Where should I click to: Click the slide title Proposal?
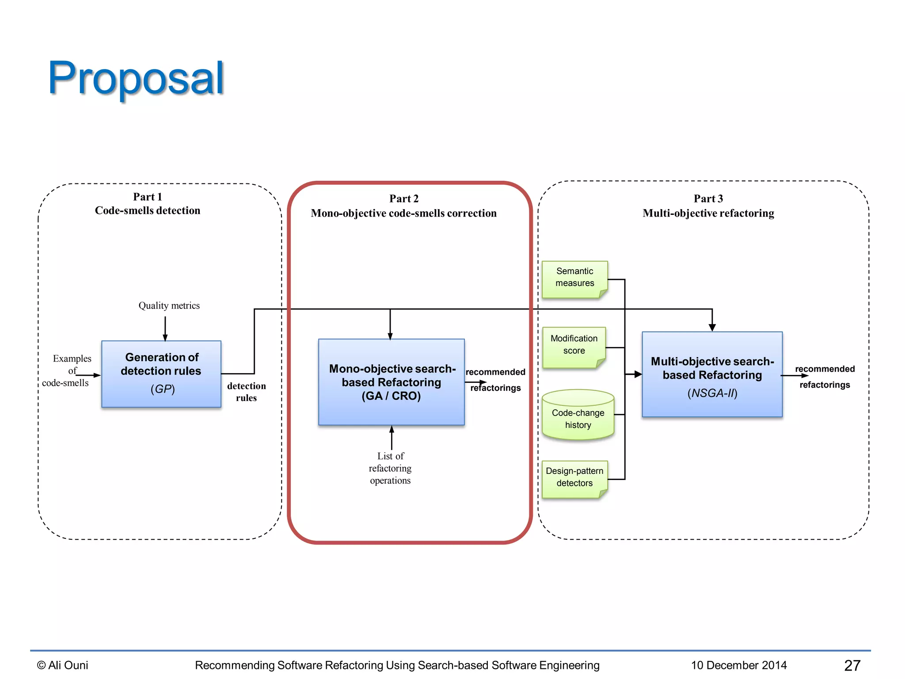[x=136, y=78]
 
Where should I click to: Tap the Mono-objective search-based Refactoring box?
[x=391, y=382]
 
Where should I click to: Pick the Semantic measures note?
[x=574, y=277]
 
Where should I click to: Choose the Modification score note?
[x=574, y=345]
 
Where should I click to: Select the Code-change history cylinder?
[x=578, y=418]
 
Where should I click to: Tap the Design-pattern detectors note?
[x=574, y=477]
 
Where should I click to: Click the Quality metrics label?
[x=169, y=305]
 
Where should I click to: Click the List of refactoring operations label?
[x=390, y=468]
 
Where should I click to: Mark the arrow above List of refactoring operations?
[x=392, y=437]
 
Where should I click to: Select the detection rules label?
[x=247, y=392]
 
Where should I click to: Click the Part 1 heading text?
[x=148, y=197]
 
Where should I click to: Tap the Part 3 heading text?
[x=708, y=198]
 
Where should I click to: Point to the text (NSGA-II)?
[x=712, y=393]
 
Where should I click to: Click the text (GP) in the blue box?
[x=163, y=389]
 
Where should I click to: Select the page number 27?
[x=852, y=665]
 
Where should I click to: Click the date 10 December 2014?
[x=739, y=665]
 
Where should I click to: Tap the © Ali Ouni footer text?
[x=63, y=665]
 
